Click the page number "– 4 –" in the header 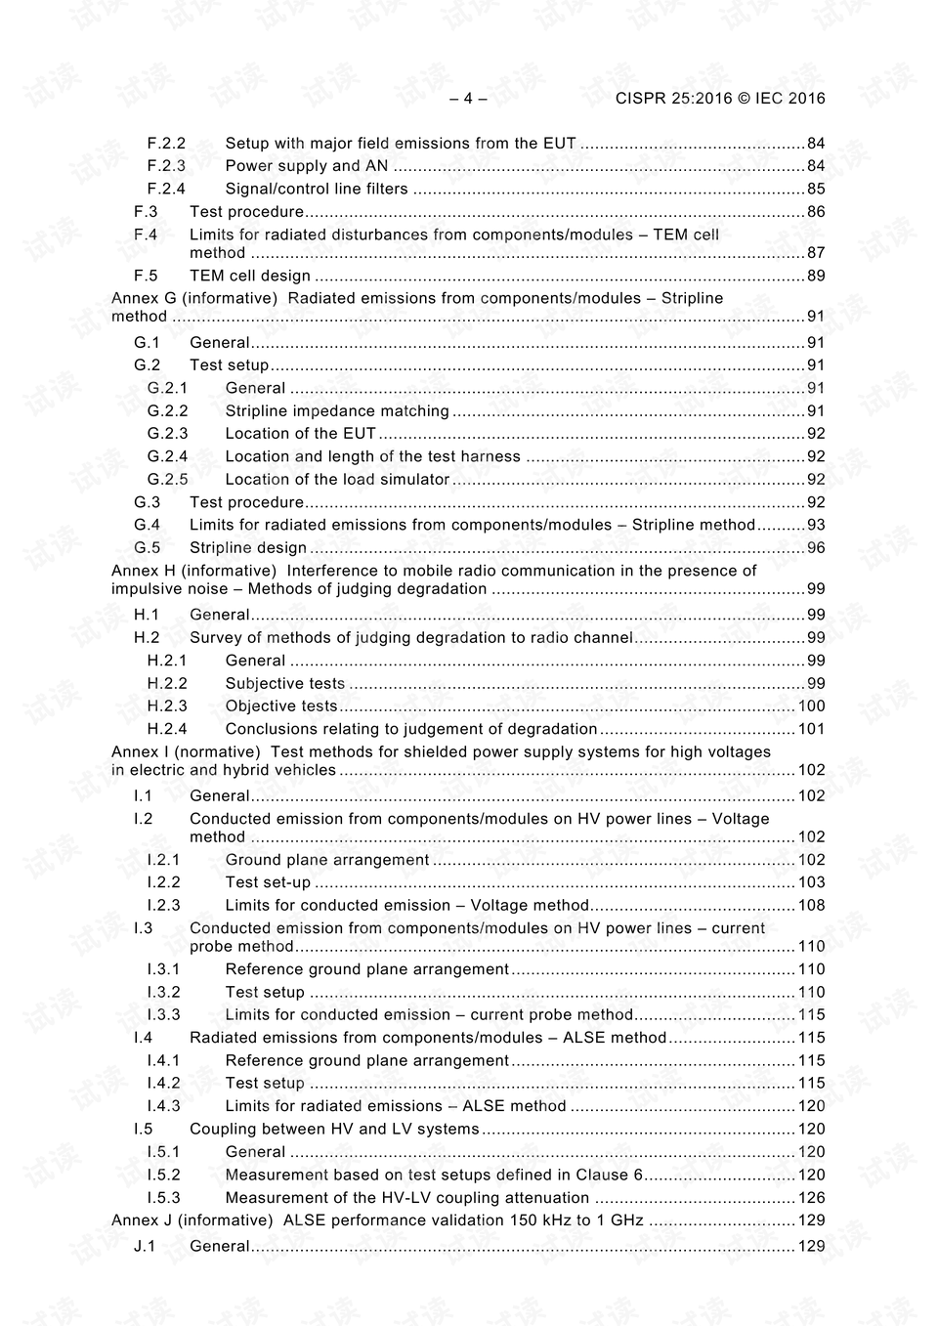click(468, 98)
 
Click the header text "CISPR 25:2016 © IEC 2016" click(720, 98)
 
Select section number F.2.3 click(166, 166)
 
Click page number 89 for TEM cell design click(816, 276)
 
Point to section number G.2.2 click(167, 411)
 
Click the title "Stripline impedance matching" click(337, 411)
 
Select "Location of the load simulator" click(337, 480)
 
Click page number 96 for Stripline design click(816, 548)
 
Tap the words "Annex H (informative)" click(193, 571)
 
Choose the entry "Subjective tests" click(284, 684)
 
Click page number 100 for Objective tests click(811, 706)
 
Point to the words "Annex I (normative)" click(186, 752)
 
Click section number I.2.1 click(163, 860)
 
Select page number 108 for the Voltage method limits click(811, 906)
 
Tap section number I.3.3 click(163, 1015)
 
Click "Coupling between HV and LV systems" click(334, 1129)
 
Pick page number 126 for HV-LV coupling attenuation click(811, 1198)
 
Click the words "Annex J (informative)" click(192, 1220)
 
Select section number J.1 click(145, 1247)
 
